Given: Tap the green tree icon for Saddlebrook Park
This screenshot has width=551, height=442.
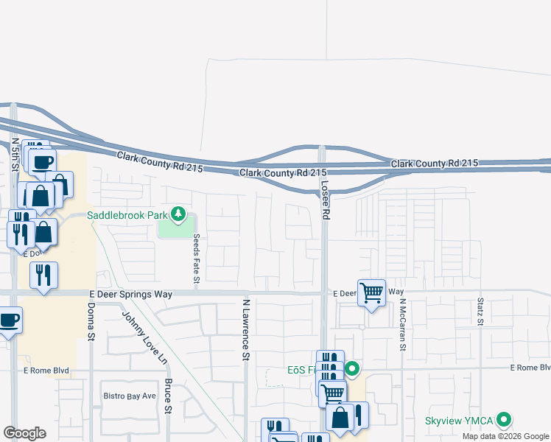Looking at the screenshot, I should (x=178, y=215).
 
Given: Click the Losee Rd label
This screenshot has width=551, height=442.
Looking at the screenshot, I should (x=325, y=198).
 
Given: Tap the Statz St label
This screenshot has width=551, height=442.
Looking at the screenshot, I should (x=480, y=311).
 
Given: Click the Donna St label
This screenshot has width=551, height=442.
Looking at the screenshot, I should (x=92, y=321).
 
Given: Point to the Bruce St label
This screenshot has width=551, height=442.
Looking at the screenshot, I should (x=169, y=396).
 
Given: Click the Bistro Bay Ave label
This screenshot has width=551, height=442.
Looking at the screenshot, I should (x=129, y=396).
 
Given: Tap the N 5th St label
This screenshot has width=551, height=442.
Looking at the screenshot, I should (x=15, y=153).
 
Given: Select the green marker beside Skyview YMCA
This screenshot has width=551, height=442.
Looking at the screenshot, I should (x=505, y=420).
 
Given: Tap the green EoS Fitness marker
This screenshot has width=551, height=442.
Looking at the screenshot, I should (x=352, y=369).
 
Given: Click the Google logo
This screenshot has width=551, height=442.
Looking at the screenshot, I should (x=24, y=433).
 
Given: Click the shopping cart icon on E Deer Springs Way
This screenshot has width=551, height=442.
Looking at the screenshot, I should (x=371, y=292).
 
